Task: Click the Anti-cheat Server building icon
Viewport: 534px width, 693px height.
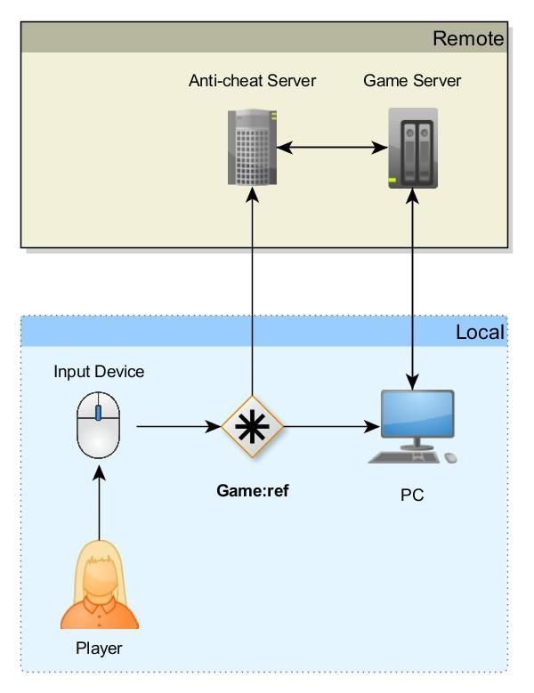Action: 253,147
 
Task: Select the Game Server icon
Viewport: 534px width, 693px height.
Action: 413,148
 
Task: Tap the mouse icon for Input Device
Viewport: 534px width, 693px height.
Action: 98,426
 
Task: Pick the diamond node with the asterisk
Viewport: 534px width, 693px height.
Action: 253,426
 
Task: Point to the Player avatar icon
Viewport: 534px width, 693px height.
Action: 99,584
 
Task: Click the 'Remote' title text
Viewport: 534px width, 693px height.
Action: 468,38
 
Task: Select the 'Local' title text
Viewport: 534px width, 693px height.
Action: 480,333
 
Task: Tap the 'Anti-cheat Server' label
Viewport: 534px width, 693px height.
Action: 252,81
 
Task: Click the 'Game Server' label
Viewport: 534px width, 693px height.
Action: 412,81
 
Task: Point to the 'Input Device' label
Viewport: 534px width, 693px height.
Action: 99,372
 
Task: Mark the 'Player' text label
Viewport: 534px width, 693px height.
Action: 99,649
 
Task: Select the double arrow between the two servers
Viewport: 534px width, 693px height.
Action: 332,147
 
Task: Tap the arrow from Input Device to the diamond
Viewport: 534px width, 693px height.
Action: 178,427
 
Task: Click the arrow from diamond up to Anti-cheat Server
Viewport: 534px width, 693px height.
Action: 253,294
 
